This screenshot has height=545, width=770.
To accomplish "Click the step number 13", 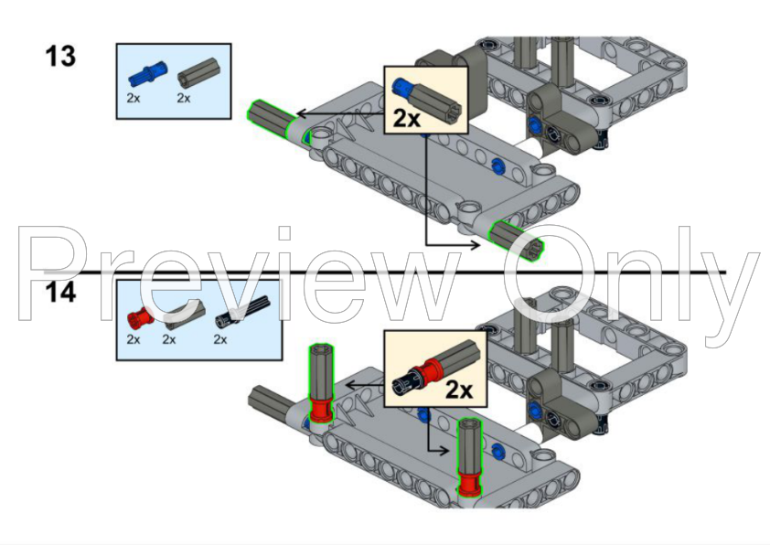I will pos(61,57).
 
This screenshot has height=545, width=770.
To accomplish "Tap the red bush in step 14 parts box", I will pos(137,318).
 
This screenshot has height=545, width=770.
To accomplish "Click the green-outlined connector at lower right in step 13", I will pos(517,240).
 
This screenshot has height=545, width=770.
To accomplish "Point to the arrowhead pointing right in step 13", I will pos(476,244).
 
